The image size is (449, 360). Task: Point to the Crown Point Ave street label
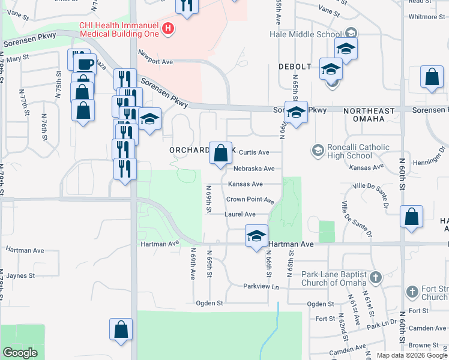click(250, 199)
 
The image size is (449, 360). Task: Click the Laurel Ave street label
click(240, 214)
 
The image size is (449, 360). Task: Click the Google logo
click(20, 353)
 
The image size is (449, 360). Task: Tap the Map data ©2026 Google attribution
click(412, 355)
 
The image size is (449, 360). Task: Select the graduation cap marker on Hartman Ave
click(256, 235)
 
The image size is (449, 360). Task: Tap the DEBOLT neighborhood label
click(295, 66)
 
